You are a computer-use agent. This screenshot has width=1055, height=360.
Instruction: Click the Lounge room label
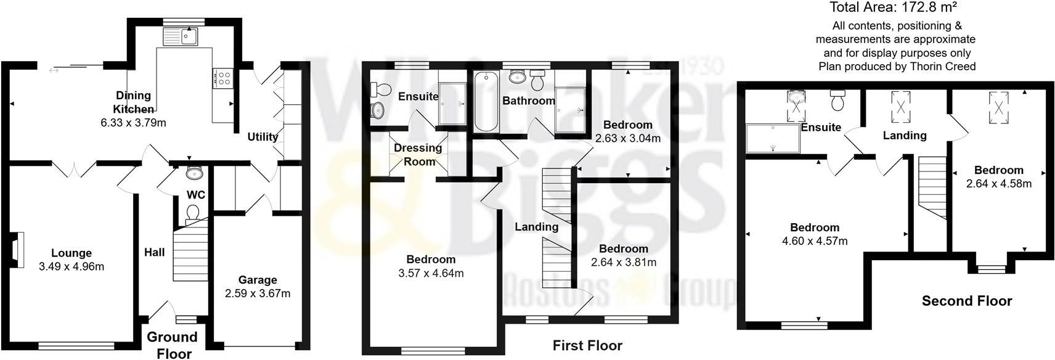[71, 253]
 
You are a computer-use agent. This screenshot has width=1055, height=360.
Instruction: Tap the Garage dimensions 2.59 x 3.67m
[258, 293]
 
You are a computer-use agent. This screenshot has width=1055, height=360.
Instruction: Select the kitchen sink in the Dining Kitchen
[180, 37]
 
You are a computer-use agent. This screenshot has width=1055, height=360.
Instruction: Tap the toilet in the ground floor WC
[192, 213]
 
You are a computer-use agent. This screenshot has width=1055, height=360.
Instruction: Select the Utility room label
[263, 136]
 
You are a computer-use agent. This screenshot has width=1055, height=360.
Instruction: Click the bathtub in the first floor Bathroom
[485, 101]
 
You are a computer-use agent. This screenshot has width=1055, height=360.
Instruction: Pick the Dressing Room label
[418, 155]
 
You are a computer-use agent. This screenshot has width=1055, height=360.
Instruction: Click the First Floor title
[587, 345]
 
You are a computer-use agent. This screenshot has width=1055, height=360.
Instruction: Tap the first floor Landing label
[536, 227]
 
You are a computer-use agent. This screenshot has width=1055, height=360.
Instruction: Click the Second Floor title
[966, 301]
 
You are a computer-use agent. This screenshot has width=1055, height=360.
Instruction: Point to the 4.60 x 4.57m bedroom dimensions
[814, 241]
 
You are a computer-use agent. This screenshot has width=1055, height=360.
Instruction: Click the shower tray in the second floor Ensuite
[773, 139]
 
